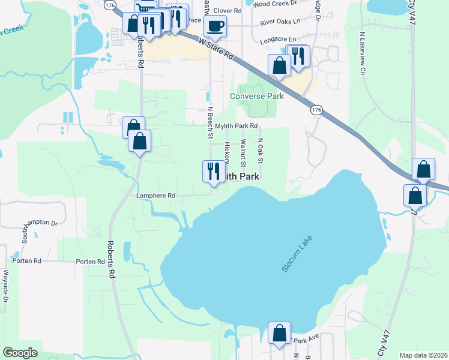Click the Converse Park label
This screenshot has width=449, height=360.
tap(257, 96)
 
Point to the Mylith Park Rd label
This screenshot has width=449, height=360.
tap(237, 126)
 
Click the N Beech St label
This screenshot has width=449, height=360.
tap(210, 123)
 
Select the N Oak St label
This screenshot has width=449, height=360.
tap(261, 151)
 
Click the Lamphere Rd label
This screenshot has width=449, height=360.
tap(155, 196)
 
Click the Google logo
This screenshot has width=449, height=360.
tap(20, 353)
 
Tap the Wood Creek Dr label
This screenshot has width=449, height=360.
tap(275, 4)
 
